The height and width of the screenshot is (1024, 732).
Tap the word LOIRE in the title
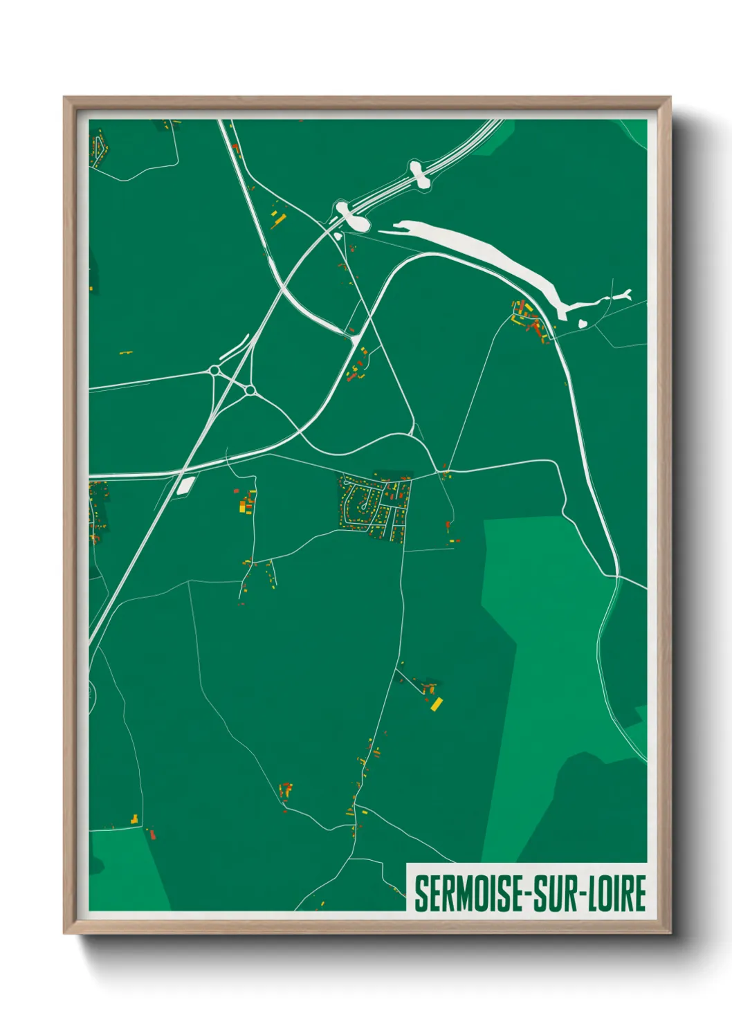click(x=619, y=893)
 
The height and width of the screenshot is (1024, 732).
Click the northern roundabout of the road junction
click(x=215, y=371)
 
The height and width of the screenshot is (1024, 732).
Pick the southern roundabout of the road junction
click(x=250, y=391)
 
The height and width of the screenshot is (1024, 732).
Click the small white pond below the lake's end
click(x=583, y=322)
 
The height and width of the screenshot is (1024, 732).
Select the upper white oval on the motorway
click(x=416, y=174)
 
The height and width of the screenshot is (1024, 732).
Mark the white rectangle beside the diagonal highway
click(x=185, y=485)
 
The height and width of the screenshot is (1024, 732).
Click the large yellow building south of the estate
click(x=437, y=705)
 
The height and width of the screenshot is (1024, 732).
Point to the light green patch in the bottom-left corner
click(x=128, y=872)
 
